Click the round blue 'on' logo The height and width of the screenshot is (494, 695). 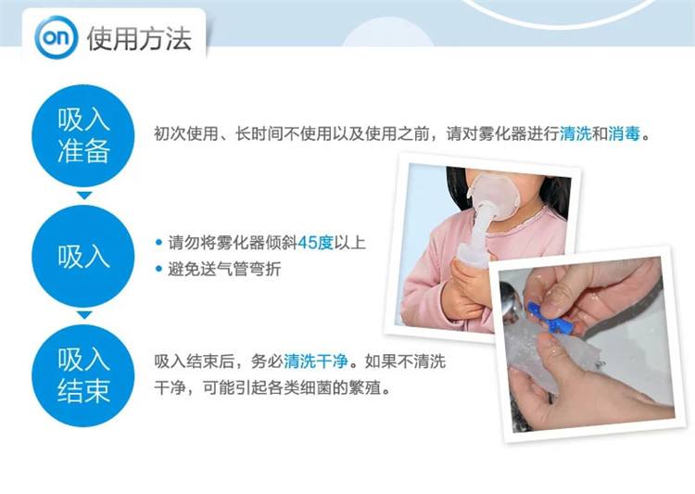56,37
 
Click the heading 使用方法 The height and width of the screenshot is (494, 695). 139,39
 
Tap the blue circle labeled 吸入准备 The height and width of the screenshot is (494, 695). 83,135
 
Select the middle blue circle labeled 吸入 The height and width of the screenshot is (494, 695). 83,256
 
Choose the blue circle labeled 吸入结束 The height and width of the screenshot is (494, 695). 83,375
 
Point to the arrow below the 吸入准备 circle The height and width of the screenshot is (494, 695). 83,196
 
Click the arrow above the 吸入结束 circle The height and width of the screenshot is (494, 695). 83,315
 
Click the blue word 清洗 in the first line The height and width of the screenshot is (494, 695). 575,133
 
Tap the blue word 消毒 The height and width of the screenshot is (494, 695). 624,133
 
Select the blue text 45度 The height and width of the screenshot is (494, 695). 316,243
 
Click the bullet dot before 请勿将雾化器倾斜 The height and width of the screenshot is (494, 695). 158,243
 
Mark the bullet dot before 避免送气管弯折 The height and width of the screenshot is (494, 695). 158,269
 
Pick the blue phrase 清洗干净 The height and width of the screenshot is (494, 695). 316,361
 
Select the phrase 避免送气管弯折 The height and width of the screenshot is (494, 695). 224,269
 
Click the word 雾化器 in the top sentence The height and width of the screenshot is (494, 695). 502,133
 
